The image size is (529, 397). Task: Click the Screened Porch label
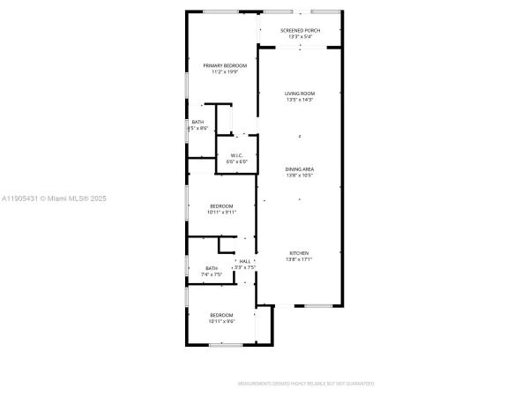click(300, 31)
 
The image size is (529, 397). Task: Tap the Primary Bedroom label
click(225, 66)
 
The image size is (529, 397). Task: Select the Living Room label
click(300, 94)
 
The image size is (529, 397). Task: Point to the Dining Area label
click(300, 169)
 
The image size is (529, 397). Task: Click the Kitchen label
click(300, 253)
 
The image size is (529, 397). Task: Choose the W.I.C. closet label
click(237, 156)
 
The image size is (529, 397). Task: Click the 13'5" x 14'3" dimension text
click(300, 100)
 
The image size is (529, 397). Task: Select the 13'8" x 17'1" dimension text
click(300, 259)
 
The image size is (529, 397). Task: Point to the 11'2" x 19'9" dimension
click(225, 72)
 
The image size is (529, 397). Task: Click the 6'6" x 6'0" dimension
click(237, 162)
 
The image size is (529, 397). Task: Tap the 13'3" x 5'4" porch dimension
click(300, 37)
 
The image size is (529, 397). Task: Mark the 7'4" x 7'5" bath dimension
click(212, 275)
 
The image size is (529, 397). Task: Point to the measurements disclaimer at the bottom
click(306, 384)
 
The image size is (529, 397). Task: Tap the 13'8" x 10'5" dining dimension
click(300, 175)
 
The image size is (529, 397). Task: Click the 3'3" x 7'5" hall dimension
click(244, 267)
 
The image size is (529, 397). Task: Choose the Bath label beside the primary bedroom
click(197, 123)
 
